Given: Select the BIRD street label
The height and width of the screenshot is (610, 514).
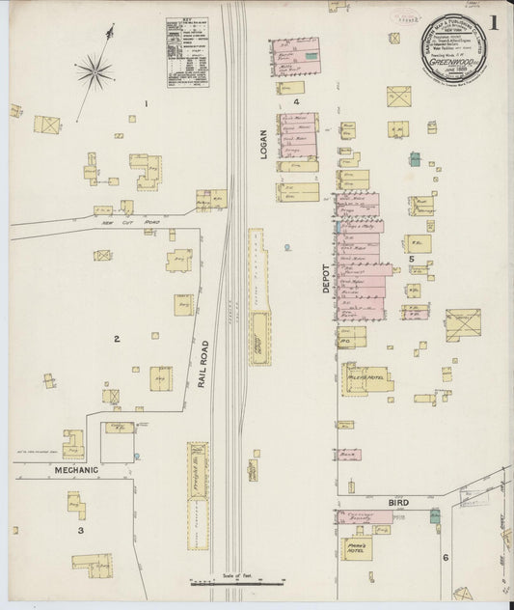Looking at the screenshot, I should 397,502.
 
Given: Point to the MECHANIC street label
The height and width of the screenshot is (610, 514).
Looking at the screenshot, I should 77,470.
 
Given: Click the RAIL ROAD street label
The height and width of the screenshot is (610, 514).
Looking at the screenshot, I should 203,364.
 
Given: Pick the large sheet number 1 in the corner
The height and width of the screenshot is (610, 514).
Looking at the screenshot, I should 493,24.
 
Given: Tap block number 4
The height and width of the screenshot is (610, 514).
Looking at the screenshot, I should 296,100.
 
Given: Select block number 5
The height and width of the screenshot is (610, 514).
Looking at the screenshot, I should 410,259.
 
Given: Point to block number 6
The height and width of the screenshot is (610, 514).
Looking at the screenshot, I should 445,558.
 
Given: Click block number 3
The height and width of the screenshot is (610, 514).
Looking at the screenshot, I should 81,530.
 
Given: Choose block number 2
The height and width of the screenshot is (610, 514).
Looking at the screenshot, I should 117,339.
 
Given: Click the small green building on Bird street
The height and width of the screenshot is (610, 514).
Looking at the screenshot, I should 435,516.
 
